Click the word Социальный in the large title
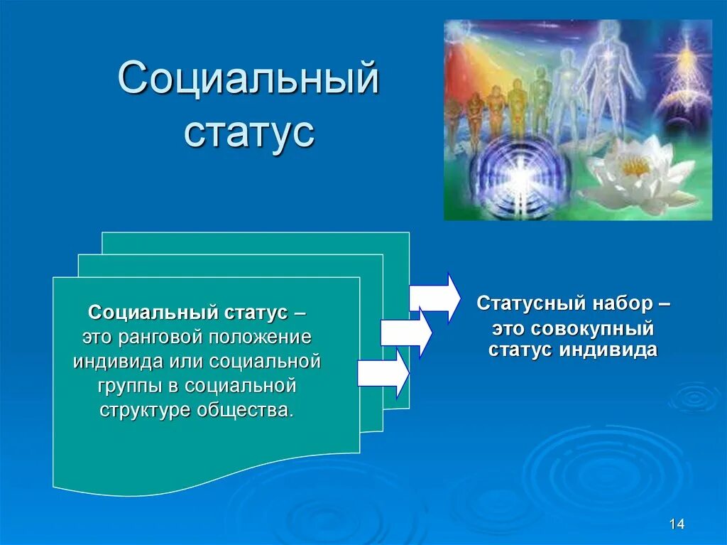click(248, 77)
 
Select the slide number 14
click(677, 524)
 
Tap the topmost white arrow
click(434, 298)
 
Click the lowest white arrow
click(383, 374)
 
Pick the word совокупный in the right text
click(592, 329)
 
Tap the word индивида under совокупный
click(608, 350)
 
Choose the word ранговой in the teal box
click(160, 338)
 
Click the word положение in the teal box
click(260, 337)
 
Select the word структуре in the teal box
click(146, 411)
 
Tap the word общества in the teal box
click(246, 410)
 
